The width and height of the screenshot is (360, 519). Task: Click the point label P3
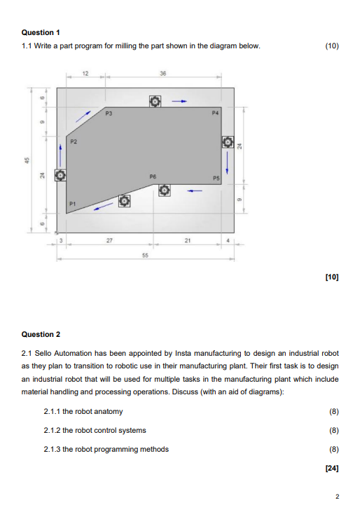tap(109, 112)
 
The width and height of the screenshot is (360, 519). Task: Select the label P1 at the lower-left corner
tap(71, 204)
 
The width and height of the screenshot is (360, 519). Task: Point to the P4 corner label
tap(215, 112)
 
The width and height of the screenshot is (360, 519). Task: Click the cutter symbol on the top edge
tap(154, 102)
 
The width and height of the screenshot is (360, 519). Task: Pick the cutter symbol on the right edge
tap(227, 143)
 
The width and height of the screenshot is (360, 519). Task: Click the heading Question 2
tap(41, 334)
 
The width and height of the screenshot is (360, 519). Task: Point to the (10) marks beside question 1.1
tap(332, 46)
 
